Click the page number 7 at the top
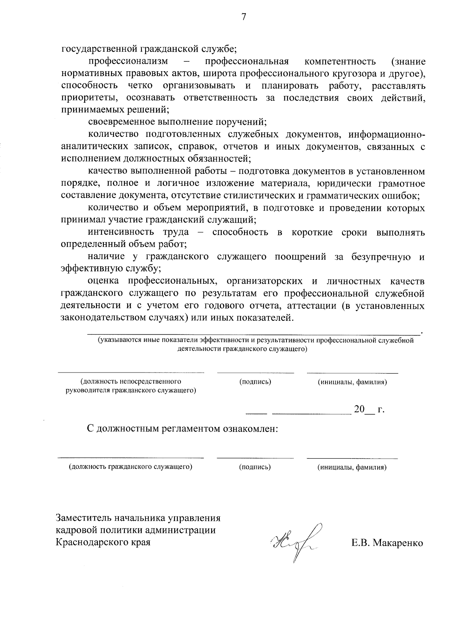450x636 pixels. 244,16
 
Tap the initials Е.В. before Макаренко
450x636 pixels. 361,543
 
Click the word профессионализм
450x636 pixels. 128,61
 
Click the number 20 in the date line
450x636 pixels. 359,409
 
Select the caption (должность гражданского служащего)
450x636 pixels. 130,467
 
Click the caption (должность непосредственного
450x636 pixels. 131,382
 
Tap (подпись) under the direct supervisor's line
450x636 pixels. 255,382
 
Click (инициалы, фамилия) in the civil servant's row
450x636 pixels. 352,467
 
